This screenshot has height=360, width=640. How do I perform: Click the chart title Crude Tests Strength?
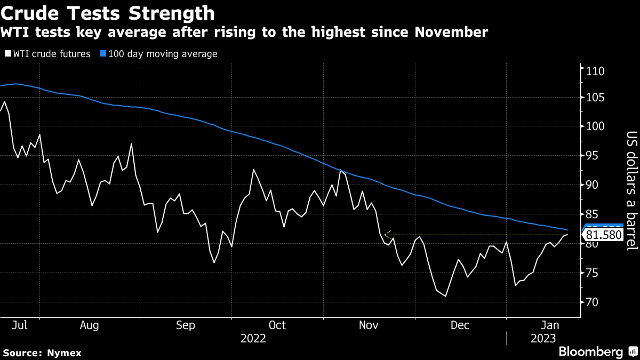click(108, 13)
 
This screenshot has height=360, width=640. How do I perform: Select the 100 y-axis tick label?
click(595, 126)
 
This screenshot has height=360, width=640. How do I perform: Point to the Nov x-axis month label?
click(369, 325)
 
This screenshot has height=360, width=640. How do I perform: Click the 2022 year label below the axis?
click(253, 338)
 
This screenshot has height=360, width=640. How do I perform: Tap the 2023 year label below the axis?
click(543, 338)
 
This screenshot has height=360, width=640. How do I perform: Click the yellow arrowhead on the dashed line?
click(387, 233)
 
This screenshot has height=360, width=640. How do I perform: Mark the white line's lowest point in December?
click(445, 296)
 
